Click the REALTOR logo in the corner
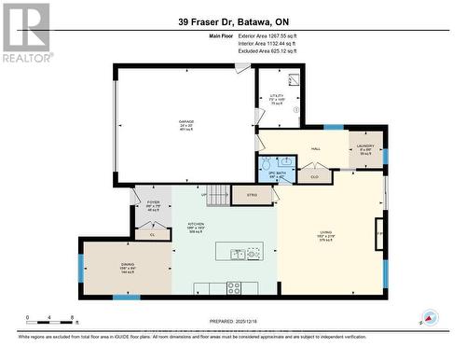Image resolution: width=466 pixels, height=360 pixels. click(x=25, y=31)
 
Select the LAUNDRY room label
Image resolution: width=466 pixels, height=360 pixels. click(x=365, y=148)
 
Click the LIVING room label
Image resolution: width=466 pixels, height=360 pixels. click(x=326, y=234)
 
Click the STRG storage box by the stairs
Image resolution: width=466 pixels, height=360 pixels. click(x=251, y=196)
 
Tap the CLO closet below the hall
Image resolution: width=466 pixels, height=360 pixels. click(x=314, y=174)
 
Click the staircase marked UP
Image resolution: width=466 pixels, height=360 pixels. click(x=217, y=195)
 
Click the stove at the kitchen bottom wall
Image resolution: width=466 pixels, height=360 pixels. click(x=233, y=287)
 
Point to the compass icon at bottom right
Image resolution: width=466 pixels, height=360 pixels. click(x=429, y=317)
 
